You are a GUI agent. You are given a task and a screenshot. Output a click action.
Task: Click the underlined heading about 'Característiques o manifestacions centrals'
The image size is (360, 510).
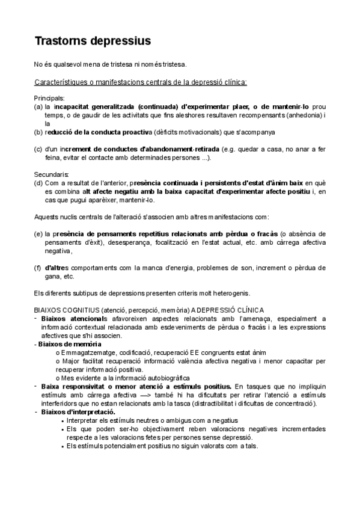(x=141, y=82)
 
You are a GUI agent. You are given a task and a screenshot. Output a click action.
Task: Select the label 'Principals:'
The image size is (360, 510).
(x=50, y=97)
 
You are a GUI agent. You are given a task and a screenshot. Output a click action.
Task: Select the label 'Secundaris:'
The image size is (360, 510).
(x=52, y=174)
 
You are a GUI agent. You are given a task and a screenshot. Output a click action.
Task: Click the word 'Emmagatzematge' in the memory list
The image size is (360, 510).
(x=85, y=352)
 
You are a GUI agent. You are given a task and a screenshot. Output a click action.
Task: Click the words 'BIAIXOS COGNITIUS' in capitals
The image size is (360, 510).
(x=68, y=310)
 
